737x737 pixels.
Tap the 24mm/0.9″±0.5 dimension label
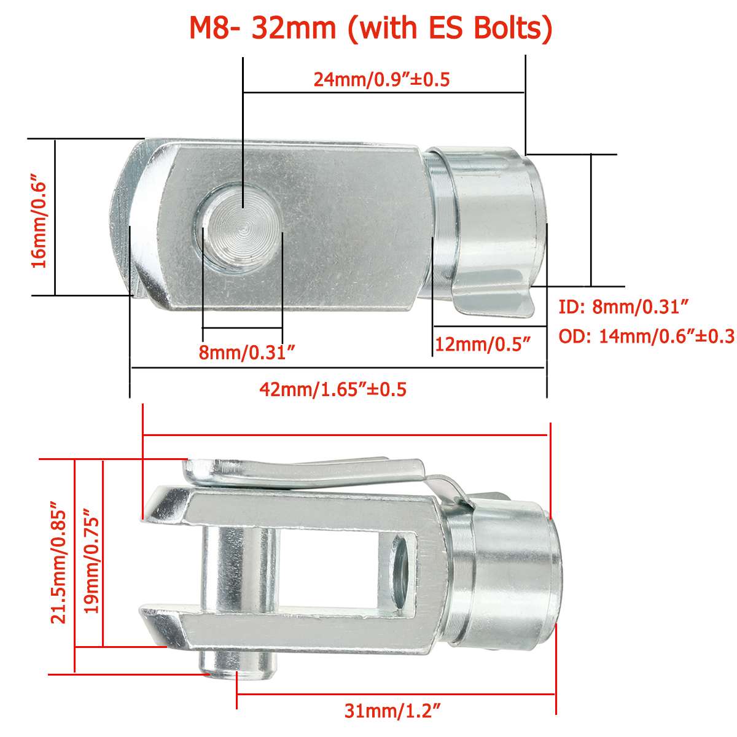[382, 79]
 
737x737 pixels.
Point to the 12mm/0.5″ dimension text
[482, 344]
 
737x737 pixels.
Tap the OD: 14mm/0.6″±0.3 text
[646, 336]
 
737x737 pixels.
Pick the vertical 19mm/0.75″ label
[90, 561]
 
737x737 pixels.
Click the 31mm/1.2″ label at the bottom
[392, 711]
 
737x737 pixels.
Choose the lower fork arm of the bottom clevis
[295, 633]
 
